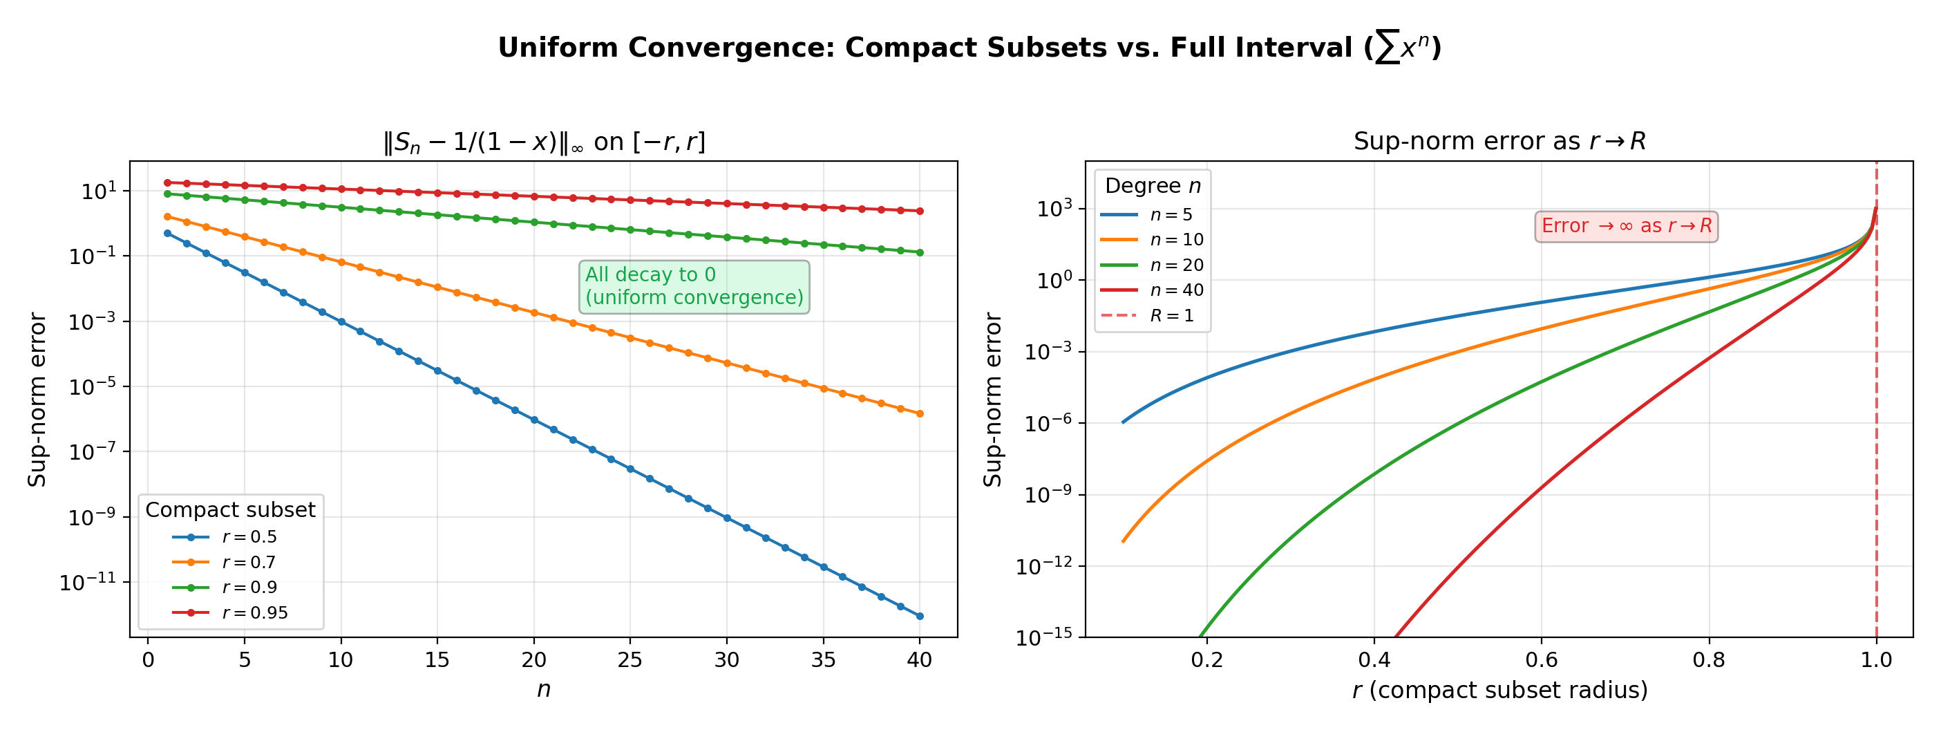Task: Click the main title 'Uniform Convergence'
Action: (x=969, y=48)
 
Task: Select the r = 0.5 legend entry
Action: (x=249, y=537)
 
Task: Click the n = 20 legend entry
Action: (x=1176, y=265)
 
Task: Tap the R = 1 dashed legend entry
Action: (x=1172, y=316)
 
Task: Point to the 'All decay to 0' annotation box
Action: (x=694, y=286)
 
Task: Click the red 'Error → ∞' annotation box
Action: (x=1626, y=226)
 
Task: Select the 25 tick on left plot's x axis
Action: (x=630, y=660)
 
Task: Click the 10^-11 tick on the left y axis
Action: (x=87, y=583)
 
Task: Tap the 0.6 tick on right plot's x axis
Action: (x=1541, y=660)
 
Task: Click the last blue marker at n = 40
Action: (x=919, y=617)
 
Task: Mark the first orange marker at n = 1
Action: (x=167, y=216)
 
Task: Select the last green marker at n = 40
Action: (x=919, y=252)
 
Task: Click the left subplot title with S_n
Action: (x=543, y=142)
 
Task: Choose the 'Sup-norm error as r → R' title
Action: (x=1499, y=141)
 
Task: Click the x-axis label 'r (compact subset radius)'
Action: (x=1499, y=690)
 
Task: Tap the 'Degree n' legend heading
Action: (x=1152, y=186)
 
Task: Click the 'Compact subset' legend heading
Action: (x=230, y=510)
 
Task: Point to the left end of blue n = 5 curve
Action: (x=1124, y=422)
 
